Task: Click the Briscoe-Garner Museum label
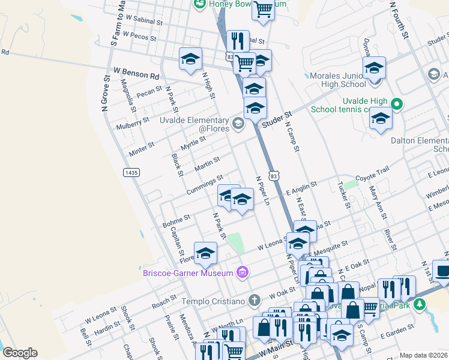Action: pos(187,274)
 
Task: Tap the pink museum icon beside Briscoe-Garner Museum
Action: pos(243,274)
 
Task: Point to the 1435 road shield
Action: pos(131,172)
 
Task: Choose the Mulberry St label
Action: pos(133,122)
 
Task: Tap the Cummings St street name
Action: pos(205,184)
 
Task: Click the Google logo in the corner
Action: pos(20,352)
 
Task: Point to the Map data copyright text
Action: pos(423,355)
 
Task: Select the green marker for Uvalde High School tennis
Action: pos(396,104)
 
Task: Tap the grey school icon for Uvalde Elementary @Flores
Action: pos(238,124)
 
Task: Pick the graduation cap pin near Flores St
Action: pos(205,253)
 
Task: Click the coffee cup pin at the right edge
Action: pos(442,271)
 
